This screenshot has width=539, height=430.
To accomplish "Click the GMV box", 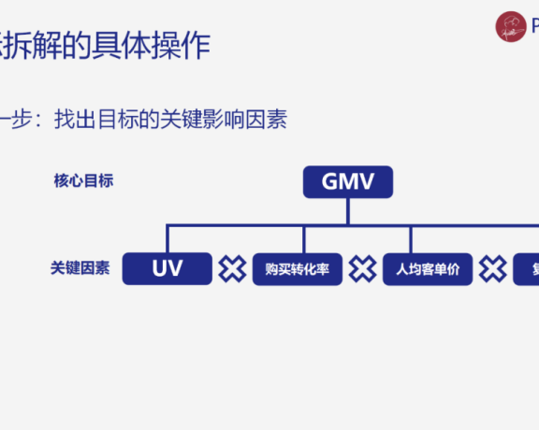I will [347, 181].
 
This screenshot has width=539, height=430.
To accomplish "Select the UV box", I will [168, 269].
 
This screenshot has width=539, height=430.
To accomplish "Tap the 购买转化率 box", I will [297, 270].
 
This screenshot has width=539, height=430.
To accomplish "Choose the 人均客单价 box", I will [428, 270].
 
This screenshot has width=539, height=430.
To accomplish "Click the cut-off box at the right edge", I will [527, 270].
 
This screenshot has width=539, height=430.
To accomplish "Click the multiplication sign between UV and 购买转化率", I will [232, 270].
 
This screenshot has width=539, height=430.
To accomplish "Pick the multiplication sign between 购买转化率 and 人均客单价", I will [362, 270].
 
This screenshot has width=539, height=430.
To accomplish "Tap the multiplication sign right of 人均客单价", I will [492, 270].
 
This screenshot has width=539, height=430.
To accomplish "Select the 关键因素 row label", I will [80, 268].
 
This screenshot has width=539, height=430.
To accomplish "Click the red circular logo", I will [511, 26].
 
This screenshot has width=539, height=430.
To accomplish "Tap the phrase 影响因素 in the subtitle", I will [251, 120].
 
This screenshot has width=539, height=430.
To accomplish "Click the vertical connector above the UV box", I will [168, 238].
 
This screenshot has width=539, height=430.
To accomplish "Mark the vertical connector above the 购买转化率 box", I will [303, 238].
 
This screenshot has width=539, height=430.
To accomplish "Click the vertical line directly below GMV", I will [347, 210].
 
